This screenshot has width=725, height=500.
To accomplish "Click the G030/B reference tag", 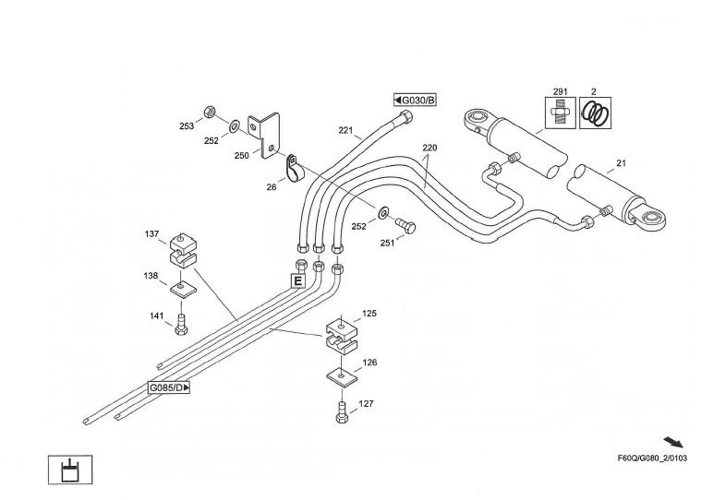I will click(x=414, y=100).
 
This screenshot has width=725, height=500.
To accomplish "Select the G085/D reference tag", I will click(x=169, y=387).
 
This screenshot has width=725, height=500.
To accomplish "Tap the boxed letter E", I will click(x=298, y=280).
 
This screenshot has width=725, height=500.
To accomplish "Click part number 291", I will click(x=560, y=91).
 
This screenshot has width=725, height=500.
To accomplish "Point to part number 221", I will click(x=345, y=130).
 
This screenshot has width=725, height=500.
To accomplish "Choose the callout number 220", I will click(x=430, y=148).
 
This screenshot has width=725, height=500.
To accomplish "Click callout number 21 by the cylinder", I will click(x=621, y=163).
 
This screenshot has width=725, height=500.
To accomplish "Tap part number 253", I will click(x=186, y=125).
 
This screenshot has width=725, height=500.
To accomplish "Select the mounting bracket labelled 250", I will click(x=269, y=132).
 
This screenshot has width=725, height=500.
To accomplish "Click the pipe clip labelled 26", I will click(x=292, y=169).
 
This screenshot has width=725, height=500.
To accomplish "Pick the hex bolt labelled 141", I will click(x=181, y=324).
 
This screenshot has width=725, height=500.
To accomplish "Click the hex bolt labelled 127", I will click(x=343, y=413).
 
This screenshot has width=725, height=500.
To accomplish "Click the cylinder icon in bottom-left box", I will click(x=71, y=470).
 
